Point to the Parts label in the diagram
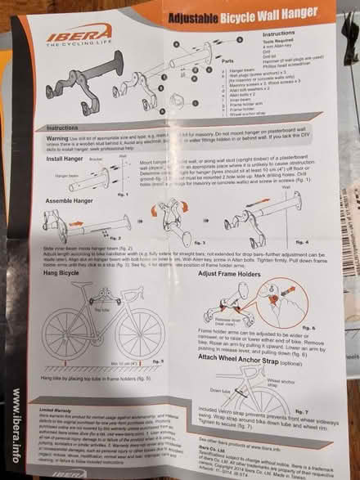pyautogui.click(x=239, y=82)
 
